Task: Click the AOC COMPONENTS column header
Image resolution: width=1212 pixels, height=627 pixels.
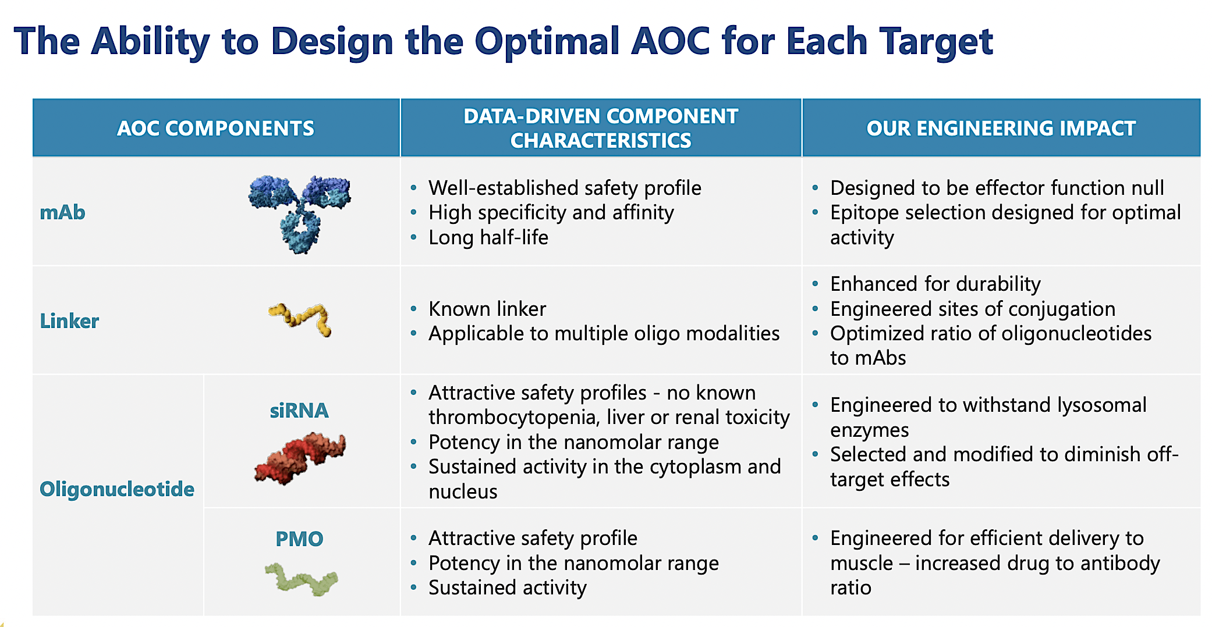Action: point(215,128)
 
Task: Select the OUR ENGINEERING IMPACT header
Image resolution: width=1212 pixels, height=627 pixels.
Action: point(1001,128)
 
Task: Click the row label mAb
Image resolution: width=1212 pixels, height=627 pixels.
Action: point(62,213)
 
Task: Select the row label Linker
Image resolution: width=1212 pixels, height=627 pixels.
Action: point(69,321)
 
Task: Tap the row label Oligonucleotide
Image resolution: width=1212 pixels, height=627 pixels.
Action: point(116,489)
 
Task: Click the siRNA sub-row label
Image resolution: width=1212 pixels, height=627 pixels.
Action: point(299,411)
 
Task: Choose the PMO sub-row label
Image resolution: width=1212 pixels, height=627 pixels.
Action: point(299,539)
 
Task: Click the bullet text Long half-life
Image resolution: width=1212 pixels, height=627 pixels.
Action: point(488,238)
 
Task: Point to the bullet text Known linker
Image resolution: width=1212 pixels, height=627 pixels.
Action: point(487,309)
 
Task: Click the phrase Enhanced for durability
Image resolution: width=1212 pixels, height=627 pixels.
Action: point(935,284)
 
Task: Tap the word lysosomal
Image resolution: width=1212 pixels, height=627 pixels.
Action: point(1101,405)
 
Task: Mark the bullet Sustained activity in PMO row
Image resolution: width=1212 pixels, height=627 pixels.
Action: point(507,588)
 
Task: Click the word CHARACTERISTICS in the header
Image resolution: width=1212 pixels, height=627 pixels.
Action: point(600,141)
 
